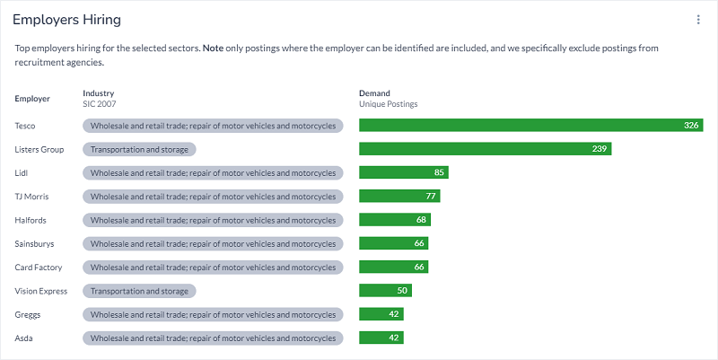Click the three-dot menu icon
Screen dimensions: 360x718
click(x=698, y=20)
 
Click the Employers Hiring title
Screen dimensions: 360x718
click(x=67, y=20)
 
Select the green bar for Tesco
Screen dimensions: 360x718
click(x=530, y=126)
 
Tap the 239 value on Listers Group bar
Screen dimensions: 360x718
click(x=600, y=149)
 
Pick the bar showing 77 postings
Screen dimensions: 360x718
click(x=399, y=197)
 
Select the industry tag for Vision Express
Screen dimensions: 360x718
click(x=139, y=291)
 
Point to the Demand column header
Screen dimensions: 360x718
click(x=374, y=93)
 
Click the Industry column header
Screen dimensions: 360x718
click(x=99, y=93)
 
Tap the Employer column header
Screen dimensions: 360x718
click(x=33, y=99)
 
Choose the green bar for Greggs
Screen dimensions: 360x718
click(x=381, y=314)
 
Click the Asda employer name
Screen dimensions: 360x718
click(x=25, y=338)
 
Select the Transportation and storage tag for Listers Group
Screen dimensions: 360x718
click(x=139, y=149)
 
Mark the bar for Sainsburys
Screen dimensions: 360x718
click(x=393, y=243)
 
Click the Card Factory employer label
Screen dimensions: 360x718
click(x=38, y=268)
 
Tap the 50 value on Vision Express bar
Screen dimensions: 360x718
click(x=402, y=291)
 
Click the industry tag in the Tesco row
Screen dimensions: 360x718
click(x=213, y=126)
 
